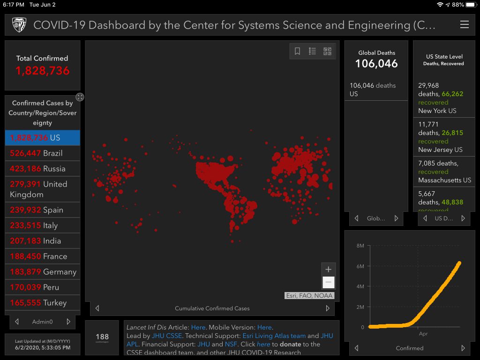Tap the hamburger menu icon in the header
pos(464,25)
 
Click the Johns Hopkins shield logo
pos(19,25)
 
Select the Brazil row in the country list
pos(42,153)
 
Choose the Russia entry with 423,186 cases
pos(42,169)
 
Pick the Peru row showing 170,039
pos(42,287)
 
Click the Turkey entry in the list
pos(42,303)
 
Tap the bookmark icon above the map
pos(297,52)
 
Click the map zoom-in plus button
pos(328,270)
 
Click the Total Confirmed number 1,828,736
pos(42,71)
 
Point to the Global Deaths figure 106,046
pos(376,64)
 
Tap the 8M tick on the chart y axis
pos(360,246)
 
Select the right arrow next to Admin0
pos(68,322)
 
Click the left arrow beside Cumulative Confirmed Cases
pos(97,308)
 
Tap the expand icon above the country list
pos(80,97)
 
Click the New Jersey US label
pos(440,150)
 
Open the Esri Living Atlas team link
pos(274,336)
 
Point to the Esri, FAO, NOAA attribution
pos(309,296)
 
